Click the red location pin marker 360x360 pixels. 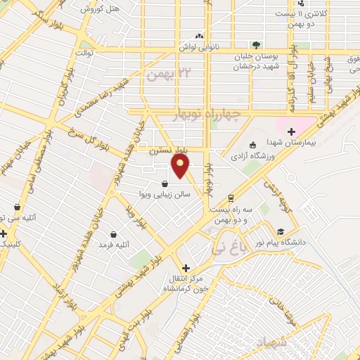pyautogui.click(x=181, y=166)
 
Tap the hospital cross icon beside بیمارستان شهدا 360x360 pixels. pyautogui.click(x=291, y=131)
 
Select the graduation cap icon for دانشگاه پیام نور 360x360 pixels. pyautogui.click(x=281, y=231)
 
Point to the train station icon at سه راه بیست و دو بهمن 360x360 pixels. pyautogui.click(x=230, y=198)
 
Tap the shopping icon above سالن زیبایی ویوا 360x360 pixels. pyautogui.click(x=165, y=184)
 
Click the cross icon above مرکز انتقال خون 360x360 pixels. pyautogui.click(x=186, y=267)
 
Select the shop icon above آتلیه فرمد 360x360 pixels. pyautogui.click(x=113, y=234)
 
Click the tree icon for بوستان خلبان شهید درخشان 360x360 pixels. pyautogui.click(x=255, y=44)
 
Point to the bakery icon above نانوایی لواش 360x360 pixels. pyautogui.click(x=200, y=35)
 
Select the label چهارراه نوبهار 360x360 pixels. pyautogui.click(x=210, y=114)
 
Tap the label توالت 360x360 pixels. pyautogui.click(x=86, y=53)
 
